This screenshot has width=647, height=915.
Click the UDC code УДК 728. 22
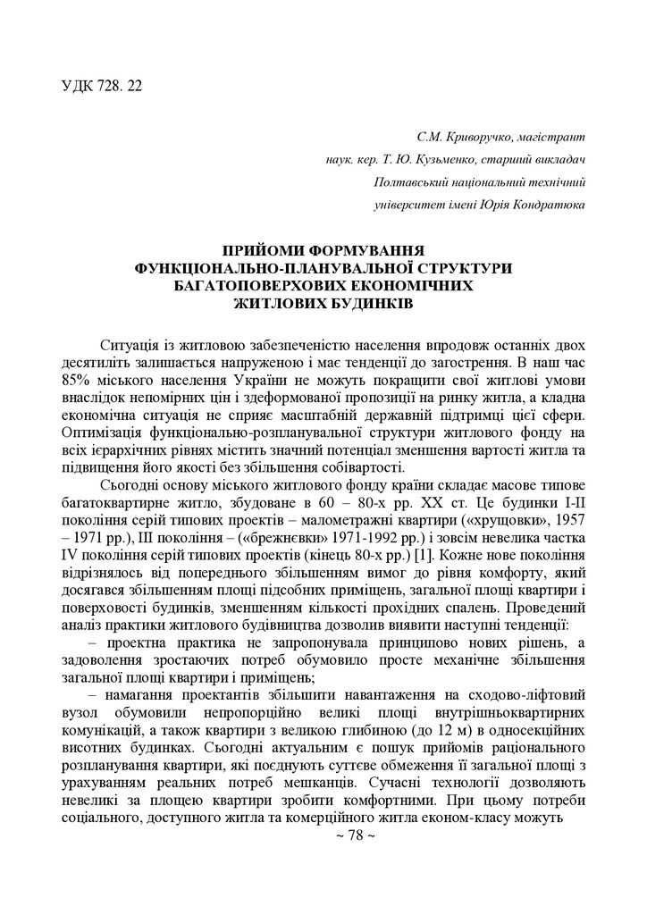[102, 86]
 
